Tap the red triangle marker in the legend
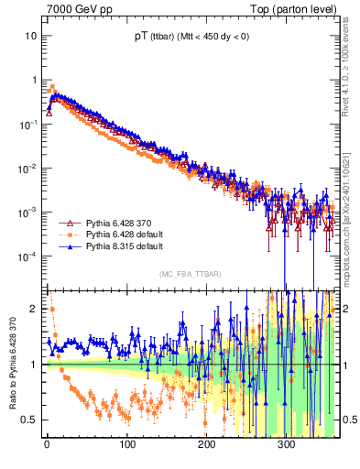click(x=67, y=223)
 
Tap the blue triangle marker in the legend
click(x=67, y=246)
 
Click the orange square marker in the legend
click(x=67, y=234)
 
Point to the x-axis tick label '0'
click(x=47, y=444)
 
